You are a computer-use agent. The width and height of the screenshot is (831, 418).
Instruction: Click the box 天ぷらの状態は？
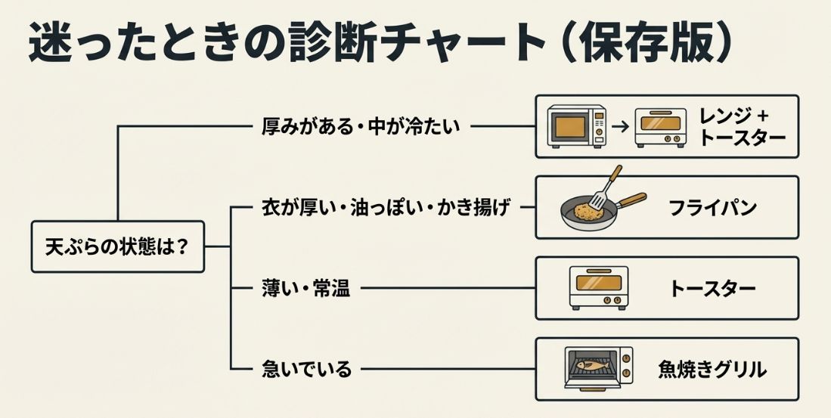tap(118, 246)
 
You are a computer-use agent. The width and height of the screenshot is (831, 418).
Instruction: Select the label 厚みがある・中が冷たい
tap(359, 126)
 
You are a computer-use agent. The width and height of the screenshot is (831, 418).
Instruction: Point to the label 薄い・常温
tap(305, 288)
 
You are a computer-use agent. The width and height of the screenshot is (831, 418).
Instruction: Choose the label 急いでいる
tap(306, 369)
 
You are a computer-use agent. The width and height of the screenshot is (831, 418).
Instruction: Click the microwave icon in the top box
tap(577, 126)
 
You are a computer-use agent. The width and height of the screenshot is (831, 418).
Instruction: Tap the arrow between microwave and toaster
tap(619, 127)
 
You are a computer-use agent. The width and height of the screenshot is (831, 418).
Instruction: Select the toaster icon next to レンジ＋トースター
tap(660, 126)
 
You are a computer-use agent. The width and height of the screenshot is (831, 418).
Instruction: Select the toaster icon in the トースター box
tap(598, 288)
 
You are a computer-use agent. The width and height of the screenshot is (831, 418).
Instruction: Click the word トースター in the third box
tap(712, 288)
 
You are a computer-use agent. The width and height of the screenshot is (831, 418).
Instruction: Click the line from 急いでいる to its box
tap(446, 370)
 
